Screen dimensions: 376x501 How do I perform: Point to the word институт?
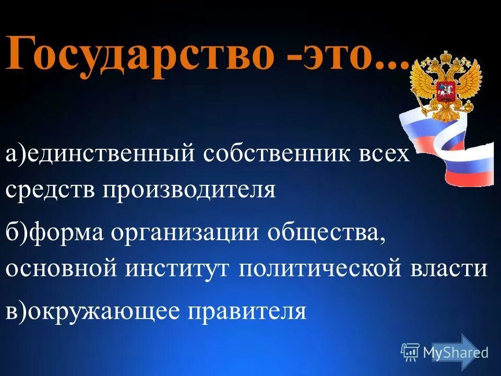(x=177, y=268)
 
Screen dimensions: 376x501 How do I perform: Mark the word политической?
(x=319, y=268)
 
